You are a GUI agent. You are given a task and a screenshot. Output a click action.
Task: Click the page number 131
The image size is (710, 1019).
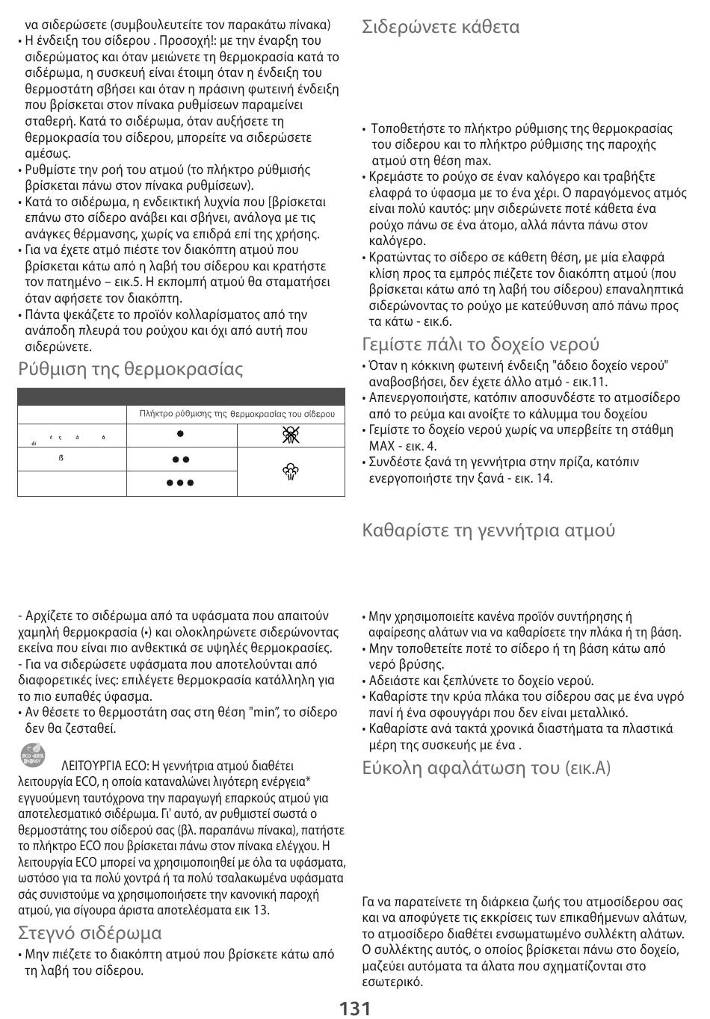click(x=355, y=1008)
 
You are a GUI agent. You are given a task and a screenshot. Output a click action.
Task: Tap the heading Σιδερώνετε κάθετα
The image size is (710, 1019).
click(x=440, y=27)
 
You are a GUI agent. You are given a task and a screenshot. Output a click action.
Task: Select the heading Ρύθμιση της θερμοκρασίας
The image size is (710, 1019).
click(x=131, y=368)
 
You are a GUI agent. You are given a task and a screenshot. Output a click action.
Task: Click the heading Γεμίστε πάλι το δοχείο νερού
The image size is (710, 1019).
click(x=480, y=344)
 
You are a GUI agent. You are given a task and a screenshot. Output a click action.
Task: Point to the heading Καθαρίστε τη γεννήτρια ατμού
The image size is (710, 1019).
click(x=488, y=530)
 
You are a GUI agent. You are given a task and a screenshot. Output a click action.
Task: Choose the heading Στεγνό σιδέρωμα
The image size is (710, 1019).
click(x=90, y=932)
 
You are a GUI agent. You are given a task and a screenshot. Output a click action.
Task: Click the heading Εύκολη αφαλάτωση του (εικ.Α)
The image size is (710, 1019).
click(x=486, y=767)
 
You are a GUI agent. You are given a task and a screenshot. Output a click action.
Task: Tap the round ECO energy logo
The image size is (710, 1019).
click(x=33, y=756)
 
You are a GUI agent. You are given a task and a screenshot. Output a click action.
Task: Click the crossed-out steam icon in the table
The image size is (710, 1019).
click(x=291, y=436)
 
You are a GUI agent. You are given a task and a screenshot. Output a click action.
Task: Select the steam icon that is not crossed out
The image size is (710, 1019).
click(x=291, y=471)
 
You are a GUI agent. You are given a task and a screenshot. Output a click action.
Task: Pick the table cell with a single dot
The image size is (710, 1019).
click(x=181, y=434)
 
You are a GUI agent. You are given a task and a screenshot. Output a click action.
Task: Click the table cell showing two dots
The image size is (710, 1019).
click(x=181, y=459)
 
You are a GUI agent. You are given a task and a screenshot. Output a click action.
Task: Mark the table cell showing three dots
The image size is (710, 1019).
click(x=181, y=483)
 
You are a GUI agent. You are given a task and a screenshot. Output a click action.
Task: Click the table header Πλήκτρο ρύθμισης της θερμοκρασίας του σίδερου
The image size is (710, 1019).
click(x=237, y=413)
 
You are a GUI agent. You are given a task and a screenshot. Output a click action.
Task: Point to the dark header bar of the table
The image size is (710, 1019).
click(x=181, y=396)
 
